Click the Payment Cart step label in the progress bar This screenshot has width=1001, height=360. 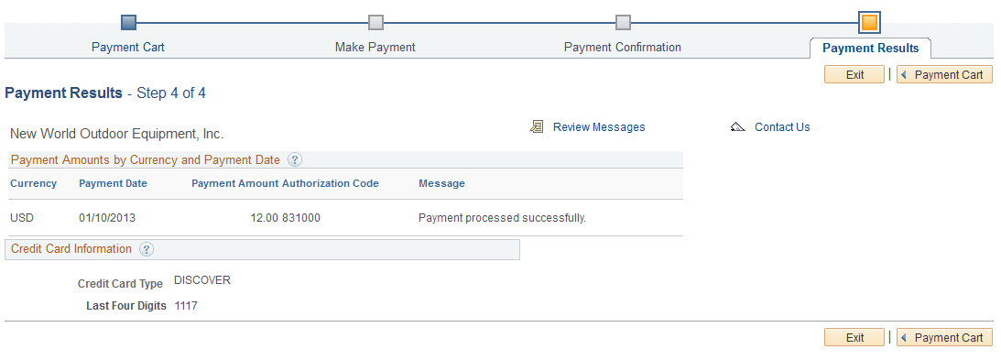coord(128,47)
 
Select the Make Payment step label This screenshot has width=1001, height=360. coord(375,47)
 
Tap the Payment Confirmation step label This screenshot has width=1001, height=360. coord(622,47)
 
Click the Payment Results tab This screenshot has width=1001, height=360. coord(870,48)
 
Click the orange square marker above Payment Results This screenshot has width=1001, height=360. coord(869,22)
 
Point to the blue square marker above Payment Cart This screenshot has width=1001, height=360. coord(128,22)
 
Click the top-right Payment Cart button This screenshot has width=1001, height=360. coord(944,75)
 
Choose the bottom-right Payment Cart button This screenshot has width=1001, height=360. coord(944,337)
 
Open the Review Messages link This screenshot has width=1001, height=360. coord(599,127)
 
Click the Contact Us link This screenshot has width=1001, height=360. coord(782,127)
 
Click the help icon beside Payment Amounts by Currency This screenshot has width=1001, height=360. coord(295,159)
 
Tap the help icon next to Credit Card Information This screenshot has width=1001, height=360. coord(147,249)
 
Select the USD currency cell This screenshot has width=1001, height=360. coord(21,218)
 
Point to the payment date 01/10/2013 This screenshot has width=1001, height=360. coord(107,218)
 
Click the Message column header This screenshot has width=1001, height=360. coord(441,183)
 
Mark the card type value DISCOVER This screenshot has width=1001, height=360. coord(202,280)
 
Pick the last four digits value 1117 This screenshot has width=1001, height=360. coord(186,306)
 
